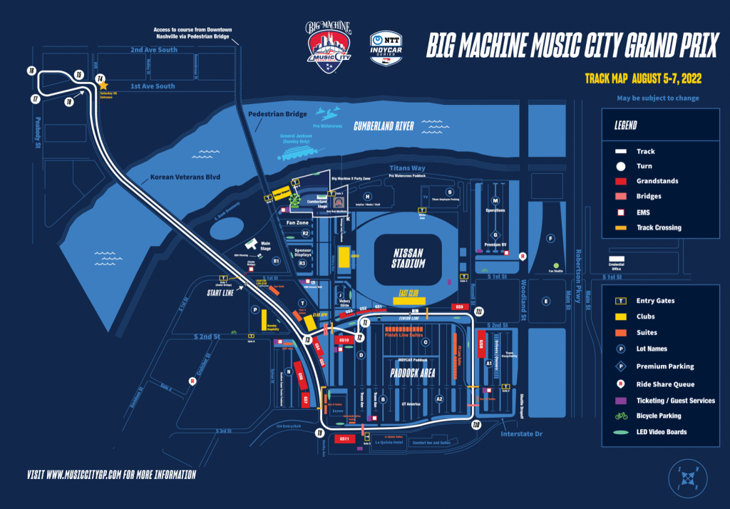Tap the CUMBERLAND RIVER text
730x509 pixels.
click(x=384, y=126)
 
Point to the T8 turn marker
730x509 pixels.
click(x=68, y=102)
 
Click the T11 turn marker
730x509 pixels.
click(x=480, y=312)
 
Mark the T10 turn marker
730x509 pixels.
click(x=476, y=425)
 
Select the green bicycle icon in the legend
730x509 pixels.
click(x=622, y=416)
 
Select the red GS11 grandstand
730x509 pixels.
click(x=344, y=438)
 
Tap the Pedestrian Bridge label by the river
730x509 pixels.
click(x=277, y=114)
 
